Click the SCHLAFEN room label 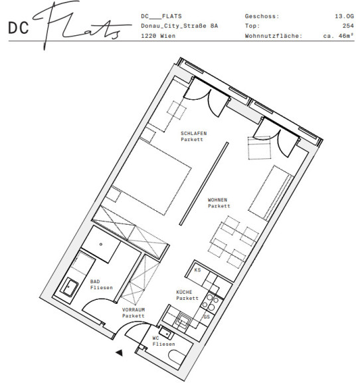[193, 134]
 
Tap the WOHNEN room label [217, 199]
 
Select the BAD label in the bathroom [95, 281]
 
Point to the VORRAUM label [134, 310]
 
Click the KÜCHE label [184, 292]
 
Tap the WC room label [155, 338]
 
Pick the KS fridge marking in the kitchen [197, 270]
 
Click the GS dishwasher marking [207, 317]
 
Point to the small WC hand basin [166, 332]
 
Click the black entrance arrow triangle [120, 352]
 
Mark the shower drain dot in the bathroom [101, 244]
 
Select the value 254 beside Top [348, 26]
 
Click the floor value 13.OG [344, 17]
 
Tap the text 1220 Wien [158, 36]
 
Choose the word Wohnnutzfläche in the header [274, 36]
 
